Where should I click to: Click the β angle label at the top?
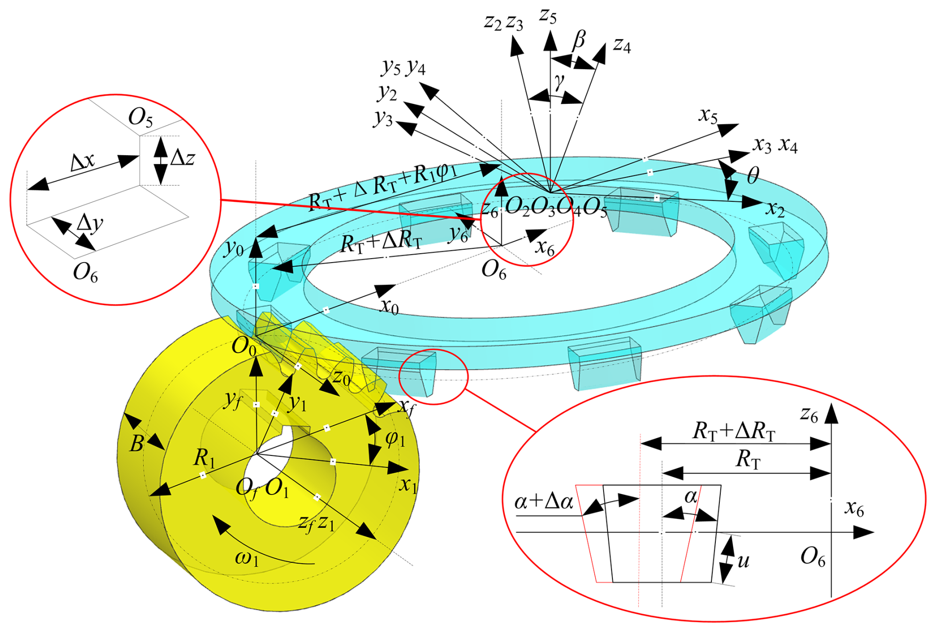579,40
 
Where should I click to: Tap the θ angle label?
752,175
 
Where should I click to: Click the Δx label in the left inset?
83,162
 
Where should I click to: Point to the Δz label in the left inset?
182,158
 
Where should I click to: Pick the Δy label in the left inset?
90,224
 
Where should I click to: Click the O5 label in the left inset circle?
140,118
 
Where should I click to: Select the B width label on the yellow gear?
137,444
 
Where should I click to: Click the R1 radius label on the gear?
204,458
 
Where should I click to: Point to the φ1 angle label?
395,438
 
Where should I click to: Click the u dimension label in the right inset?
743,561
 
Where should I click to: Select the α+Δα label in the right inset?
544,501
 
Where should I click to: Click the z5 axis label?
548,16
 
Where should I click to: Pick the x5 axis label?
708,115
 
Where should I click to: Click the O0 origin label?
244,346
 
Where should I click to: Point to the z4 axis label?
622,45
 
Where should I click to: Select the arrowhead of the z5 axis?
550,41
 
